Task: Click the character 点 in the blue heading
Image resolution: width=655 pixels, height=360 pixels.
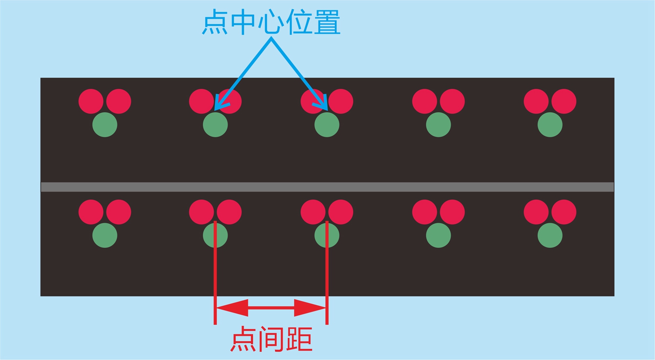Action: pyautogui.click(x=215, y=22)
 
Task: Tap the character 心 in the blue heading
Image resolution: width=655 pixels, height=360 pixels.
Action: pyautogui.click(x=271, y=22)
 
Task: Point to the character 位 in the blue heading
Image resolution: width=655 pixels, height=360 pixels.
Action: pyautogui.click(x=299, y=22)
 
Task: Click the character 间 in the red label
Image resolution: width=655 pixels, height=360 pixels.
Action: pyautogui.click(x=271, y=339)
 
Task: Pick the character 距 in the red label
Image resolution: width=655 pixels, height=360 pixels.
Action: pyautogui.click(x=299, y=339)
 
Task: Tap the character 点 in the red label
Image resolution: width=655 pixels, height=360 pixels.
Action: pyautogui.click(x=243, y=339)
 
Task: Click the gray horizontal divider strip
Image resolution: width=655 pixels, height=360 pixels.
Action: pyautogui.click(x=327, y=187)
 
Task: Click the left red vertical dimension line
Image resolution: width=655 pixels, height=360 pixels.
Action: pyautogui.click(x=215, y=279)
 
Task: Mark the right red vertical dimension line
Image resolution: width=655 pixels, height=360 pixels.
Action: pyautogui.click(x=327, y=279)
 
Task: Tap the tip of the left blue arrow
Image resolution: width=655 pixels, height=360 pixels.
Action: pyautogui.click(x=216, y=108)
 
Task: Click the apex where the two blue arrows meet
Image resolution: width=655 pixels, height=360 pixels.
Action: pyautogui.click(x=271, y=39)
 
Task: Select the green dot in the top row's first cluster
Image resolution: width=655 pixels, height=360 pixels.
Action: pyautogui.click(x=105, y=125)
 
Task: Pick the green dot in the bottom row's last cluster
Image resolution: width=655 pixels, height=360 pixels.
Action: pyautogui.click(x=550, y=236)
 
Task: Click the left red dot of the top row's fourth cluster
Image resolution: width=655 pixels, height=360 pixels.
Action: pyautogui.click(x=425, y=101)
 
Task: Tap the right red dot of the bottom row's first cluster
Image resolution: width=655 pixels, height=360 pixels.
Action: pyautogui.click(x=119, y=212)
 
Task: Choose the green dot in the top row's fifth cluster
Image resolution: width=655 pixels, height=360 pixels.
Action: pyautogui.click(x=550, y=125)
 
